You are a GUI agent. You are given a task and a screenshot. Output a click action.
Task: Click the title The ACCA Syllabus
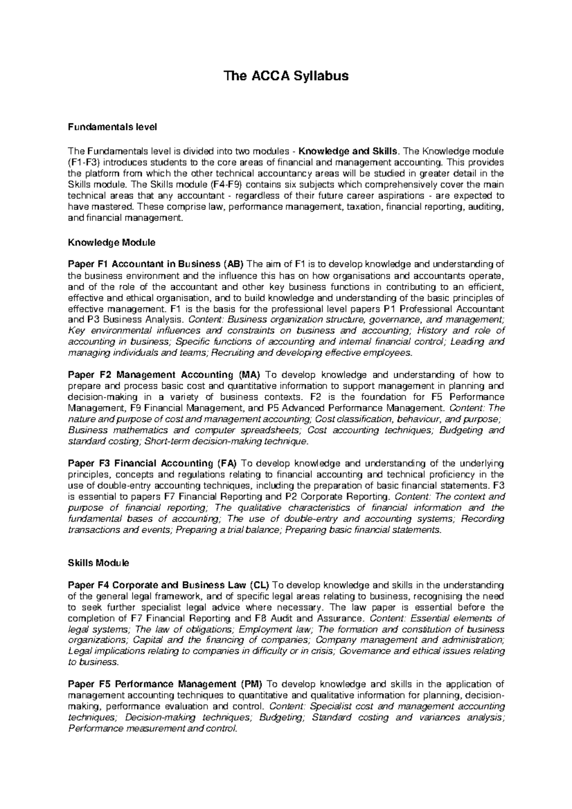click(286, 76)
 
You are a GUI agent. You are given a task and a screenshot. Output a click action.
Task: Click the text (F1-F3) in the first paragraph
click(84, 162)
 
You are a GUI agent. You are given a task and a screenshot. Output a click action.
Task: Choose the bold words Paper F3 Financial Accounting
click(141, 463)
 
